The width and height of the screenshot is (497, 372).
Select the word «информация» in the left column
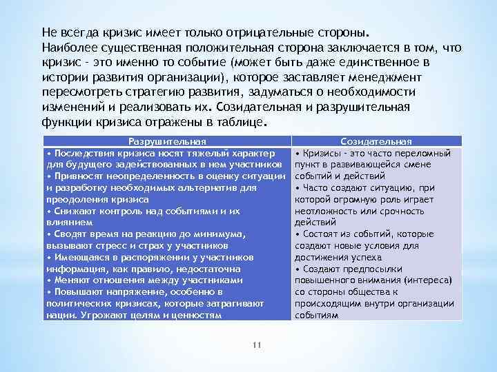click(x=72, y=269)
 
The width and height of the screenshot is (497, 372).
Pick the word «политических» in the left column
click(x=77, y=303)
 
